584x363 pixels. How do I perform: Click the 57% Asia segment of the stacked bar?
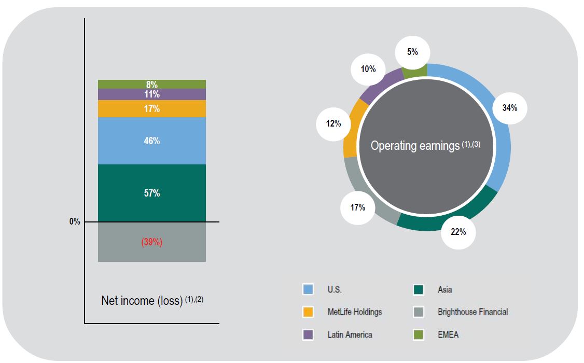click(152, 193)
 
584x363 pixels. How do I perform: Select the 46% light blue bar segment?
click(152, 141)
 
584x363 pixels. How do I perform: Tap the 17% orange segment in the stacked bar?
click(152, 109)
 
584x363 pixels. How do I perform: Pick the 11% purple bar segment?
click(152, 94)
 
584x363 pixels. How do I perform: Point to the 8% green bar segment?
click(152, 85)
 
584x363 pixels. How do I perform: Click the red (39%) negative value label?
click(152, 242)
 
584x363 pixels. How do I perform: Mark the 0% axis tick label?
click(75, 222)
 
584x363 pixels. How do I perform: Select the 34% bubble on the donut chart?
click(510, 108)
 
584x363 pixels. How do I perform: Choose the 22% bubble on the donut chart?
click(458, 232)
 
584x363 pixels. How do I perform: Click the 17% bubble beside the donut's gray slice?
click(357, 207)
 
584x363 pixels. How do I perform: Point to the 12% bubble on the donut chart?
click(333, 123)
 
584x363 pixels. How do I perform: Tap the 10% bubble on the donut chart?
click(368, 68)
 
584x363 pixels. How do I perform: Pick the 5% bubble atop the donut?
click(412, 52)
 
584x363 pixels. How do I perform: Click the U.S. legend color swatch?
click(308, 289)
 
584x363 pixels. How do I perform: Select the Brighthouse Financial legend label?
click(472, 312)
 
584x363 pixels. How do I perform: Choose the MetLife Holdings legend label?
click(354, 312)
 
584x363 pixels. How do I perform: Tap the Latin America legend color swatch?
click(308, 334)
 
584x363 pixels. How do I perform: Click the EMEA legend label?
click(448, 334)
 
